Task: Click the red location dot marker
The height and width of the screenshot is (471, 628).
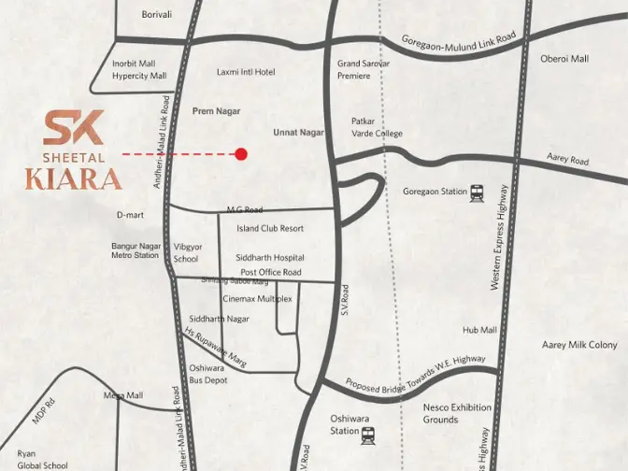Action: click(x=241, y=153)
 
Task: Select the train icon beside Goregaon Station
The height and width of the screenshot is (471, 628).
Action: click(x=478, y=192)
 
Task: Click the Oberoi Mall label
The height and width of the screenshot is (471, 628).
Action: click(x=564, y=59)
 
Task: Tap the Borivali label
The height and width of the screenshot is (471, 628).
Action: click(x=157, y=15)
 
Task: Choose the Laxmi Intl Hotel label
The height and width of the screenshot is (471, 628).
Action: click(x=246, y=72)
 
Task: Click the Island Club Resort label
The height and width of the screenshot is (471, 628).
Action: click(x=270, y=228)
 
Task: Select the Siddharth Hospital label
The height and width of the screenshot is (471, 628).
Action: click(x=270, y=258)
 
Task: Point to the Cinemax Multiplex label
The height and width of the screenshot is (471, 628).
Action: click(x=257, y=299)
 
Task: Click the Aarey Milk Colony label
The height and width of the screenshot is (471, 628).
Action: click(x=579, y=345)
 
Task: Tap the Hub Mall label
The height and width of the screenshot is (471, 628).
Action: click(x=479, y=330)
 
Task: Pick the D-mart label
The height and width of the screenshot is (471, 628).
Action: click(x=130, y=215)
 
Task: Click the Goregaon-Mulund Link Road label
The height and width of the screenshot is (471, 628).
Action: click(x=459, y=42)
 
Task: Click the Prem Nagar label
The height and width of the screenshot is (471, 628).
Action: click(x=216, y=111)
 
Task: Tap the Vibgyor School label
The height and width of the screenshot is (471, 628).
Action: click(x=186, y=253)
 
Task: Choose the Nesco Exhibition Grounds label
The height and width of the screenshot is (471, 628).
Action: click(x=457, y=413)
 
